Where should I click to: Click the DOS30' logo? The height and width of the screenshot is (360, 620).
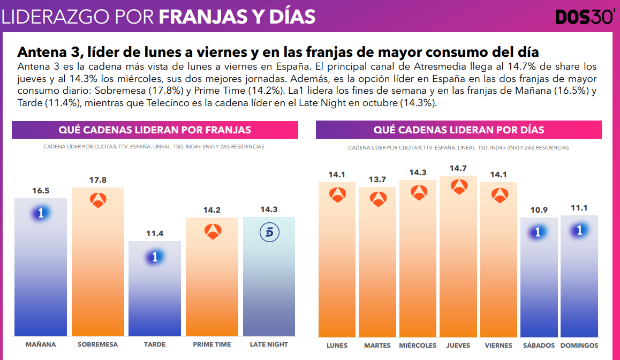pyautogui.click(x=584, y=17)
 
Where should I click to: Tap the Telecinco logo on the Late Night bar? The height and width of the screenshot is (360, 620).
pyautogui.click(x=269, y=232)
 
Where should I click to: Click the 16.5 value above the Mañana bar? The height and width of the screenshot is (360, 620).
pyautogui.click(x=41, y=190)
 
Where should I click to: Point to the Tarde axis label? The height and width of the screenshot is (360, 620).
pyautogui.click(x=155, y=344)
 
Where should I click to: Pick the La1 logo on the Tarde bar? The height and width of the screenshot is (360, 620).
pyautogui.click(x=155, y=257)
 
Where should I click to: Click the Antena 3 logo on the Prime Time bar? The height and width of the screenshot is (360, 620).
pyautogui.click(x=213, y=232)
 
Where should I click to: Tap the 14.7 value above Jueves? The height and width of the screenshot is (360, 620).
pyautogui.click(x=458, y=168)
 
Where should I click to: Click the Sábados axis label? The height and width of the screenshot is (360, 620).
pyautogui.click(x=539, y=346)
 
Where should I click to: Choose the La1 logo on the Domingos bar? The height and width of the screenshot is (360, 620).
pyautogui.click(x=579, y=230)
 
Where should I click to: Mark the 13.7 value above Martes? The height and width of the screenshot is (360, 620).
pyautogui.click(x=377, y=179)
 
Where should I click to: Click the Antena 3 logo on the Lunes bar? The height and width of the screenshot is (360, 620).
pyautogui.click(x=337, y=195)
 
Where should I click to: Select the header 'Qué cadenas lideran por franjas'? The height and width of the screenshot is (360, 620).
pyautogui.click(x=155, y=130)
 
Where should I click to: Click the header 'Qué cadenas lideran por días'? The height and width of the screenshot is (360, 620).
pyautogui.click(x=459, y=130)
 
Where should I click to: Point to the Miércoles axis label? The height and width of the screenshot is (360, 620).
pyautogui.click(x=418, y=346)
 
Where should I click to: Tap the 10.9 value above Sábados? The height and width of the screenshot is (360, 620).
pyautogui.click(x=539, y=210)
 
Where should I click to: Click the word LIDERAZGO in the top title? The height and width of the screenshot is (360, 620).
pyautogui.click(x=52, y=17)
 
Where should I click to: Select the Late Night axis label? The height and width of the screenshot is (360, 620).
pyautogui.click(x=269, y=344)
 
